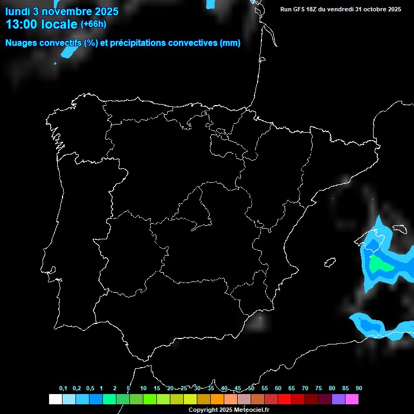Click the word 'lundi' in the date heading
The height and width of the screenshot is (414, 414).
18,11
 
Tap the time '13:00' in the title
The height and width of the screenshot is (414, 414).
22,24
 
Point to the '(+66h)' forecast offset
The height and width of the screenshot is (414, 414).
93,24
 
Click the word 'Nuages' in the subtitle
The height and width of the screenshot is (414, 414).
23,43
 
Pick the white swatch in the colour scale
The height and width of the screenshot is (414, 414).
55,399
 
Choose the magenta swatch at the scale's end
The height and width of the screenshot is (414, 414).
352,399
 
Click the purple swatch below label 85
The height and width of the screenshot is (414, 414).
339,399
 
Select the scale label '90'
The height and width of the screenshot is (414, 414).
358,388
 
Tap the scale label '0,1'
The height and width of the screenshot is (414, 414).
63,388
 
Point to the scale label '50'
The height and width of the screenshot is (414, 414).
251,388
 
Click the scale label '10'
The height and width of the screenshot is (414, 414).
143,388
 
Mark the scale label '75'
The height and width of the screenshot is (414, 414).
319,388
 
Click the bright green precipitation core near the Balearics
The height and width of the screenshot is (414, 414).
382,264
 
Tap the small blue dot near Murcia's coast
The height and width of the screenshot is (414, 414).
260,318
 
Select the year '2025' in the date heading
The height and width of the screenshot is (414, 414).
106,11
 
